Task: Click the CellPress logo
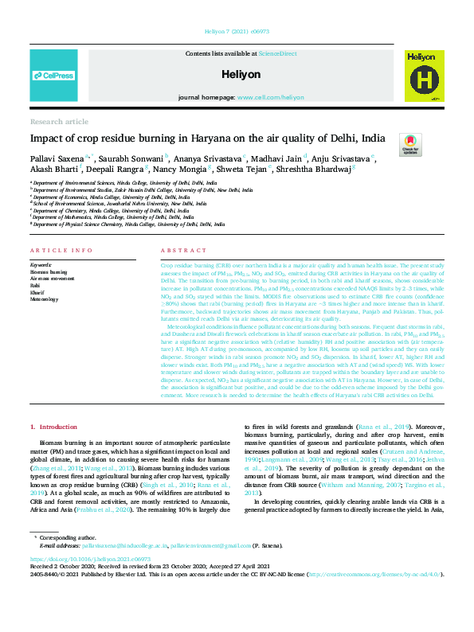tap(53, 76)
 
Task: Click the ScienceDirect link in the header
tap(277, 53)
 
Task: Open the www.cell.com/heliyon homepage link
tap(266, 96)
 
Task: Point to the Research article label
tap(59, 122)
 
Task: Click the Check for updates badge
tap(409, 144)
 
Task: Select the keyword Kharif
tap(37, 290)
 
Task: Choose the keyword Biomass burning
tap(49, 271)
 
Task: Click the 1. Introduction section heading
tap(53, 427)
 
